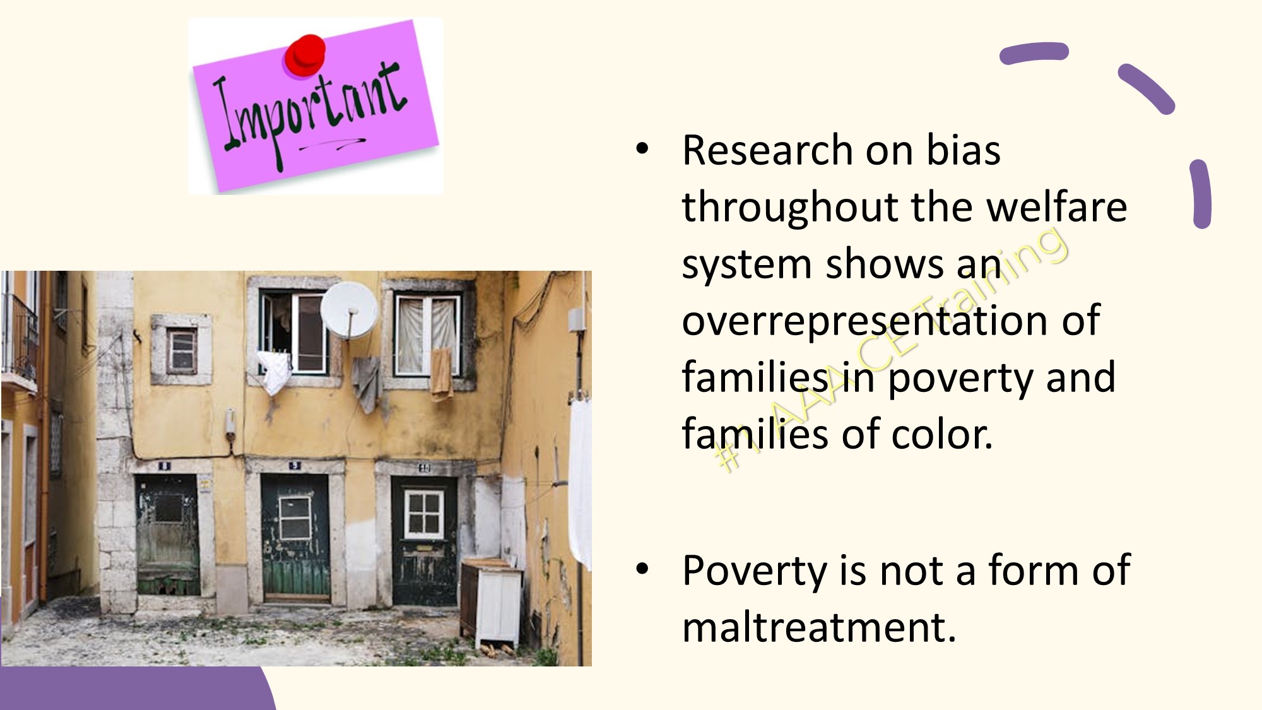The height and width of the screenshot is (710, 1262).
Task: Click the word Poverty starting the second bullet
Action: coord(754,571)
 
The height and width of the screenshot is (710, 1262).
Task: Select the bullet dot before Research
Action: coord(642,149)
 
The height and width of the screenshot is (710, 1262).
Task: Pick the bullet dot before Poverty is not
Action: coord(642,569)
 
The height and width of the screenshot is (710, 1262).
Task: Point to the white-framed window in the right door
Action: coord(424,512)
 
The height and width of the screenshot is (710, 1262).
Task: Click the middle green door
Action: coord(295,537)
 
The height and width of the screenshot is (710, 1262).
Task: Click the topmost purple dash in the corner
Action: coord(1034,52)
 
